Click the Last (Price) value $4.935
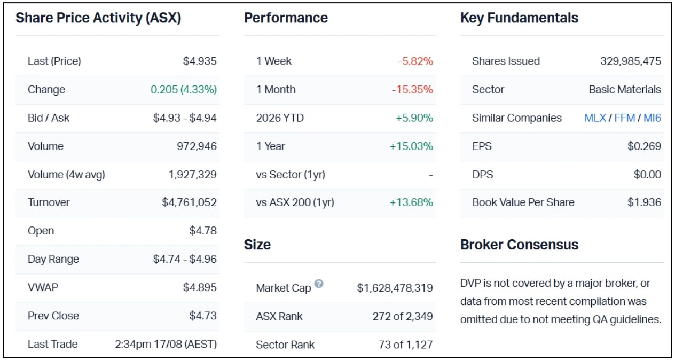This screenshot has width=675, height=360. [200, 61]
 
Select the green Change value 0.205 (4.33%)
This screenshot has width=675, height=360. [184, 90]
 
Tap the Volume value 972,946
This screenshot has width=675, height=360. [197, 146]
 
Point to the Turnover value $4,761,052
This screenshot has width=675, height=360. [189, 202]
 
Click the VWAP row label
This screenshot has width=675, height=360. [43, 287]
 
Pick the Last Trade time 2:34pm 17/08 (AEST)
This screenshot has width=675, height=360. [166, 344]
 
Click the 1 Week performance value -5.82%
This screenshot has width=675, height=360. [415, 61]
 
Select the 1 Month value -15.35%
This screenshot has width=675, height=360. [412, 90]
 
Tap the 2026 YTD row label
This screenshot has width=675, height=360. [280, 118]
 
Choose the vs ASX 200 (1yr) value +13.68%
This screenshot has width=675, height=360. [411, 202]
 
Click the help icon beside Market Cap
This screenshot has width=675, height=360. [319, 284]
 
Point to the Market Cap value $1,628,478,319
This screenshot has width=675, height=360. [395, 288]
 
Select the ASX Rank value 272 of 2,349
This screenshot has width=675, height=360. [403, 316]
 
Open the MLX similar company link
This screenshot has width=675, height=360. [595, 118]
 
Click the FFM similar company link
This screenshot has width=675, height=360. [625, 118]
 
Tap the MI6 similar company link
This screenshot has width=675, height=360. [653, 118]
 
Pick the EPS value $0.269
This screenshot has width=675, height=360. [644, 146]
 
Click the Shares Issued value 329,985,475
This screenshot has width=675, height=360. [631, 61]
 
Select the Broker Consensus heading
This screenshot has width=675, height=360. [519, 245]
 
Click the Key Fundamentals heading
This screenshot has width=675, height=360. [519, 18]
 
